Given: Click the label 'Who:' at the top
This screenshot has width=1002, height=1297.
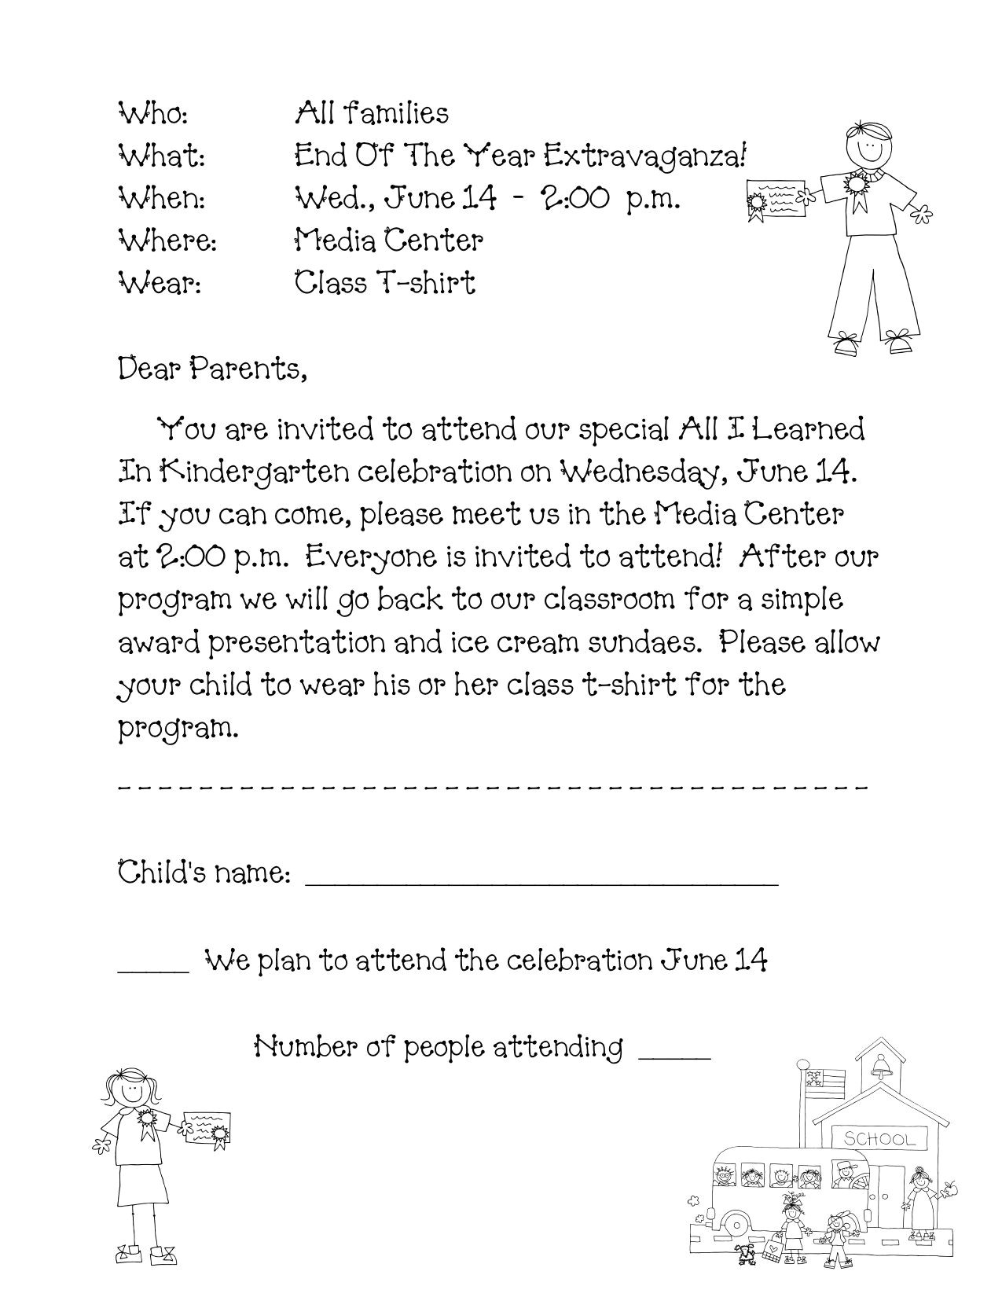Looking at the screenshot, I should [152, 115].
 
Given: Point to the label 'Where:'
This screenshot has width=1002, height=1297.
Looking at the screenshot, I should [167, 241].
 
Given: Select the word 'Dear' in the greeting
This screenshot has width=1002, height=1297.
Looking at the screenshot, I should [149, 369].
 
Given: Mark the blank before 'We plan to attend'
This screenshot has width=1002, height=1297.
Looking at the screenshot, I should [153, 969].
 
